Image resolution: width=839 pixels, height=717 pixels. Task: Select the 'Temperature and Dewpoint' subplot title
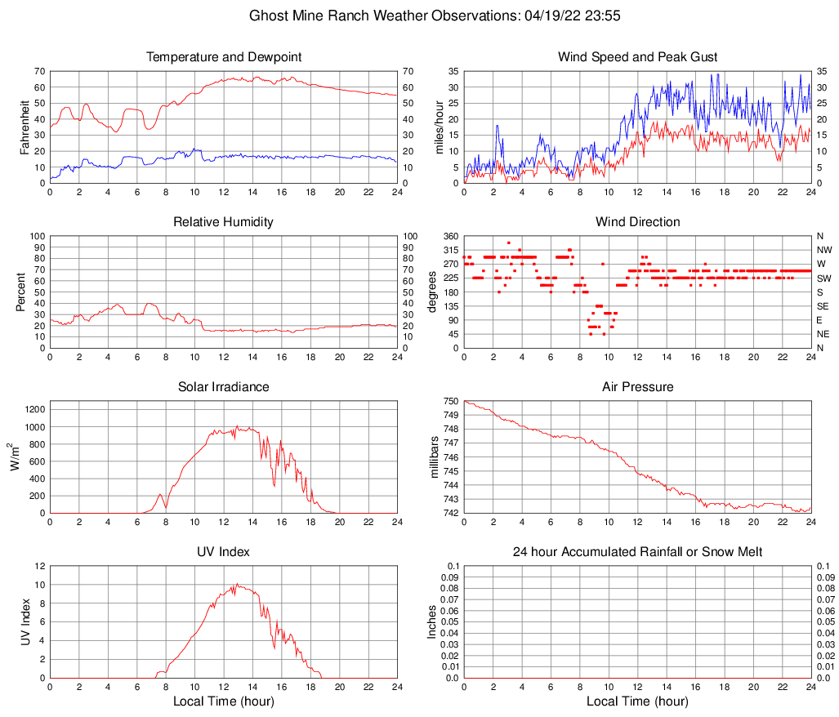pos(224,57)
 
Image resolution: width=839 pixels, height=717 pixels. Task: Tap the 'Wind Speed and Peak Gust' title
pos(638,57)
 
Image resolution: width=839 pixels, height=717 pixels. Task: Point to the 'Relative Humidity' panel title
pos(224,222)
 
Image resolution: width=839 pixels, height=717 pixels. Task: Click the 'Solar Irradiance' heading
pos(224,387)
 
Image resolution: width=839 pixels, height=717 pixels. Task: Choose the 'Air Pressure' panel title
pos(638,387)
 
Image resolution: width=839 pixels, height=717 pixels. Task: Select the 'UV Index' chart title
pos(224,552)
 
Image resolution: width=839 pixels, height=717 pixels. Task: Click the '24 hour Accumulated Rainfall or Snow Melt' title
pos(638,552)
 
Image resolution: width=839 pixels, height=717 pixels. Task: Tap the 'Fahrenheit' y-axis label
pos(25,127)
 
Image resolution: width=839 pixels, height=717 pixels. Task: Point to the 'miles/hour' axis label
pos(439,127)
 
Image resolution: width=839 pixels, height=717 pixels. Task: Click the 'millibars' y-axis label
pos(435,457)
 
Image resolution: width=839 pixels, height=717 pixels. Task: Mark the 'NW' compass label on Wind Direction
pos(823,250)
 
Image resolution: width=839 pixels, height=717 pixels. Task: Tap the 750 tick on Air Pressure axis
pos(450,401)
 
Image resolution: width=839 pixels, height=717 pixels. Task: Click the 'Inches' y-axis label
pos(433,621)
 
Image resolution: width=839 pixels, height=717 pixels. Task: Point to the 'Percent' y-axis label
pos(21,292)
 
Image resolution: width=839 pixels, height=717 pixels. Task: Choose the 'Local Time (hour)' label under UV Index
pos(224,701)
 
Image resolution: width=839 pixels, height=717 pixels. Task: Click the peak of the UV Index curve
pos(237,584)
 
